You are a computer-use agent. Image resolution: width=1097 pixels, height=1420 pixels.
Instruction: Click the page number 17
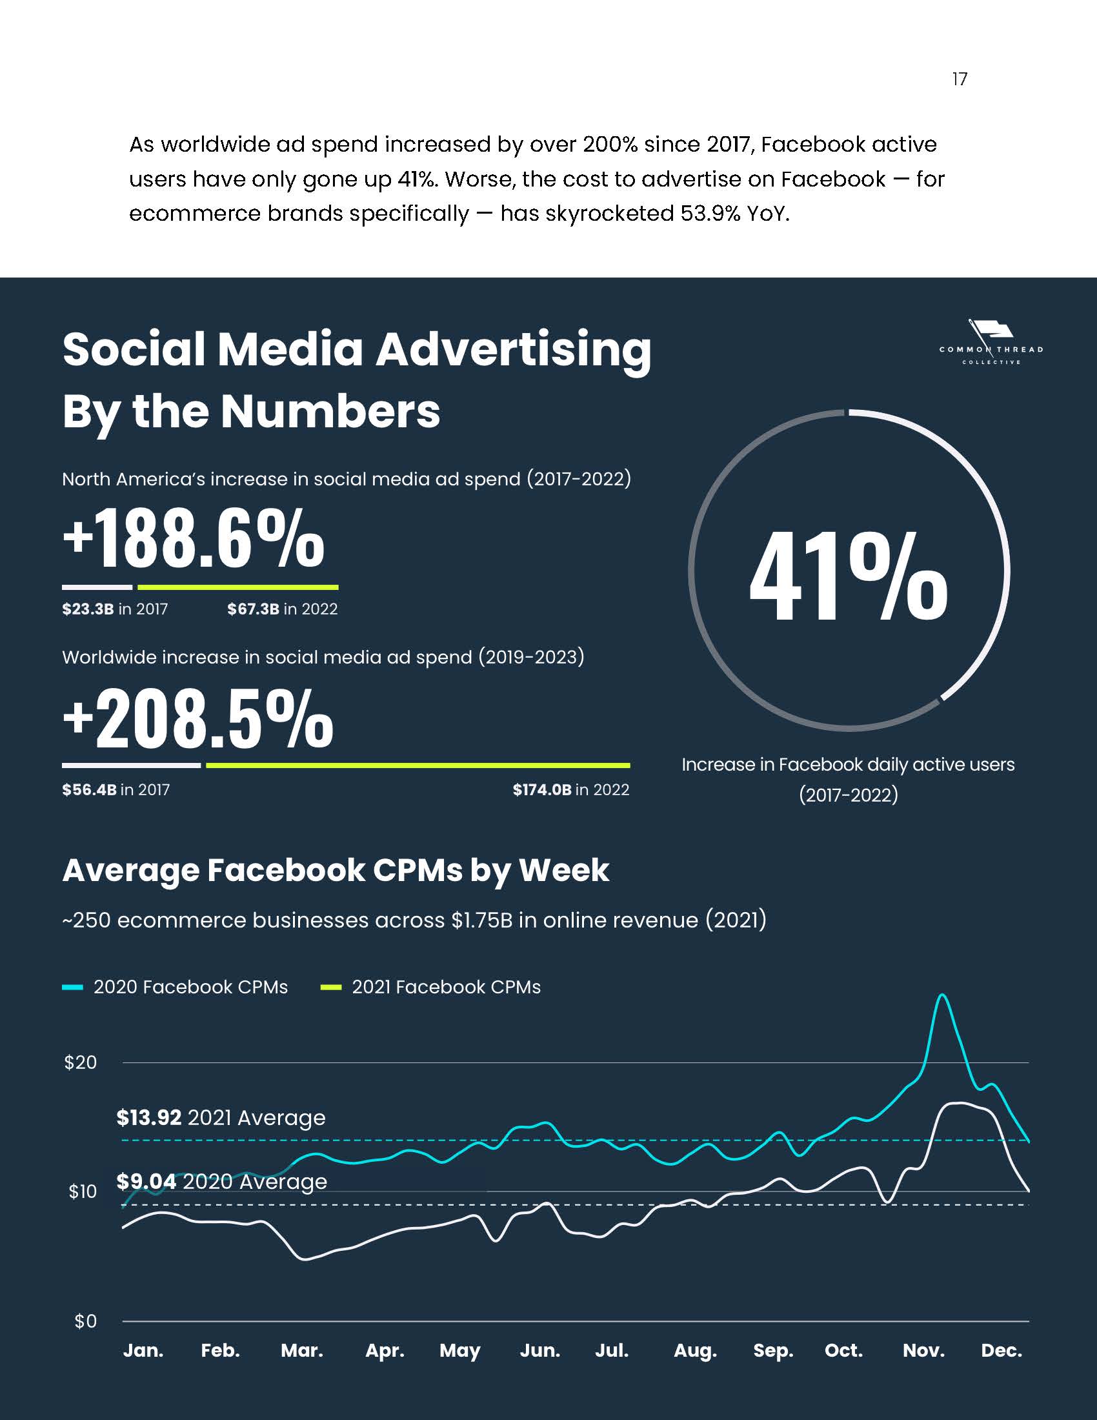click(959, 79)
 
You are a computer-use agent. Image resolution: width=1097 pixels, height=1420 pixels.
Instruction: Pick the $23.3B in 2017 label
click(115, 609)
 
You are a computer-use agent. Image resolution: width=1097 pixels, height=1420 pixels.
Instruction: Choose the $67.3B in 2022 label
click(282, 609)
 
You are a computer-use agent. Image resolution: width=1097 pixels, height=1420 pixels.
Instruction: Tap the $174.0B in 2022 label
click(570, 789)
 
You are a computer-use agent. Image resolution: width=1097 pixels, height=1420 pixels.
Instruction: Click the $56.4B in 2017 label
click(116, 789)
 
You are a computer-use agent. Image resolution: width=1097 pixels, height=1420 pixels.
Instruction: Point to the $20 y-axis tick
click(81, 1062)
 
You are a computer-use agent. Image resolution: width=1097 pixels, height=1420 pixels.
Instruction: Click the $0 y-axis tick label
click(86, 1321)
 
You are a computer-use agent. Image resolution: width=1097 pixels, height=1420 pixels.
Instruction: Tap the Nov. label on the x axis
click(923, 1351)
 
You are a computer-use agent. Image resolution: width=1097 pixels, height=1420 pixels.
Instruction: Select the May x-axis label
click(459, 1351)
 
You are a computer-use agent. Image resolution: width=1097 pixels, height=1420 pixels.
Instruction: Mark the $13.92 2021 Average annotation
click(221, 1118)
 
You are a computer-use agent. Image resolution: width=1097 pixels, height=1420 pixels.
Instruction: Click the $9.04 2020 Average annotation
click(221, 1181)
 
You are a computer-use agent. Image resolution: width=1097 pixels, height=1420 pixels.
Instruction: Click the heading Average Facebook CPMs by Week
click(336, 870)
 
